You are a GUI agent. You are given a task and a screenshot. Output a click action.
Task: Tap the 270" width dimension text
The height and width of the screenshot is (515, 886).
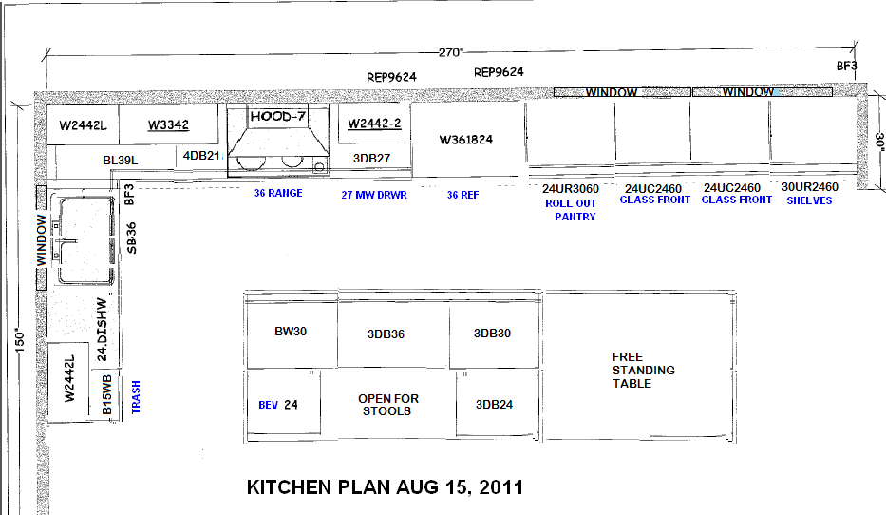click(x=452, y=51)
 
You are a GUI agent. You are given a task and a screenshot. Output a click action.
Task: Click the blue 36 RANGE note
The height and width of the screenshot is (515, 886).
click(x=278, y=194)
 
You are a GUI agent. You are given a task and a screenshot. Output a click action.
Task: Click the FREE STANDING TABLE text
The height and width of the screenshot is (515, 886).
click(x=644, y=370)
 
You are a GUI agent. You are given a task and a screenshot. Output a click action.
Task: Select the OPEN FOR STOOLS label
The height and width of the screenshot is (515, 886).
click(x=387, y=405)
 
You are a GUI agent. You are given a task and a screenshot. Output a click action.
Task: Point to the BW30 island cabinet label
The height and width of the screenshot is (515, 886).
click(x=291, y=333)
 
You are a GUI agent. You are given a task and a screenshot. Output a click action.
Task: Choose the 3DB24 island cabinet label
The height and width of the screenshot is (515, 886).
click(x=493, y=405)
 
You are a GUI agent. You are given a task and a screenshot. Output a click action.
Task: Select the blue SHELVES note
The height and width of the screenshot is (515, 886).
click(x=809, y=200)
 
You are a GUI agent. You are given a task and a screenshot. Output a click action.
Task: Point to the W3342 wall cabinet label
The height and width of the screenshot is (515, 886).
click(x=167, y=125)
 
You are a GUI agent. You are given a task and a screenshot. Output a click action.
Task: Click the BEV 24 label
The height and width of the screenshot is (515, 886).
click(x=278, y=405)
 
